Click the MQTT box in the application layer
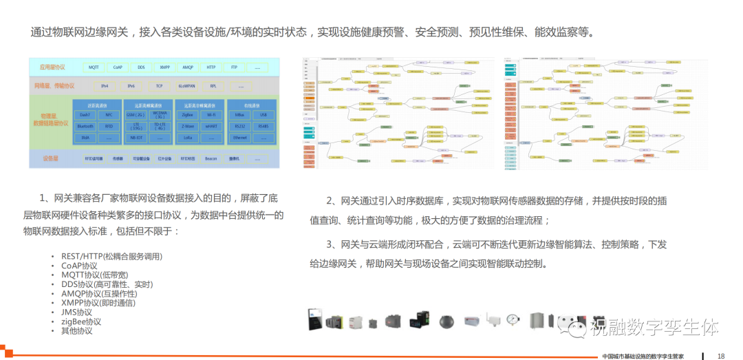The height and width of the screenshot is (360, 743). coord(94,67)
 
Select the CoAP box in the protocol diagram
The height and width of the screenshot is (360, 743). coord(118,67)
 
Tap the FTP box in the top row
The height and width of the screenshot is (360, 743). coord(234,67)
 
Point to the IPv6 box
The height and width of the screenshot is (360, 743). coord(131,86)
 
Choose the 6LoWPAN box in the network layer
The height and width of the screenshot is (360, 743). coord(186,86)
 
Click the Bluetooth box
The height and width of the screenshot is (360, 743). coord(85,126)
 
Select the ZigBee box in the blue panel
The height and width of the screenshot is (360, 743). coord(188,114)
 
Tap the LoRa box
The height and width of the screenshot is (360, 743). coord(188,138)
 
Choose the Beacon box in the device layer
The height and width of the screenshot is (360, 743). coord(211,158)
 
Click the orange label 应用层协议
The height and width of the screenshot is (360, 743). coord(51,67)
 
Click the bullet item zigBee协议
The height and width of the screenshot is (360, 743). coord(81,321)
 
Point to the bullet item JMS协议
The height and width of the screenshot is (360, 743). coord(76,313)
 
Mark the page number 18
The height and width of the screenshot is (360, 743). coord(721,356)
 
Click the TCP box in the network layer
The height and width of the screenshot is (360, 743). coord(159,86)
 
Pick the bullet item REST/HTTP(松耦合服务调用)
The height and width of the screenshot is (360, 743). coord(111,257)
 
